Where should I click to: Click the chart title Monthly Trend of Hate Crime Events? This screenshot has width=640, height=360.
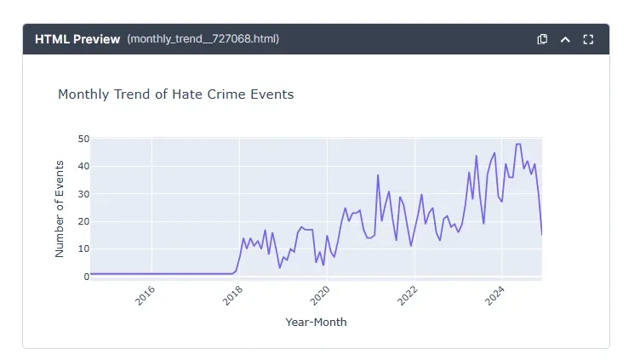tap(175, 94)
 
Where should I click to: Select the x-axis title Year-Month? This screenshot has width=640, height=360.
tap(316, 323)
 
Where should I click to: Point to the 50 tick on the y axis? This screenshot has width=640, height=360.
tap(83, 139)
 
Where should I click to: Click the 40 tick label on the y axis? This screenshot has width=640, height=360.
tap(83, 166)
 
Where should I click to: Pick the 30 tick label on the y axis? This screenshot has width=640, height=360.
tap(83, 194)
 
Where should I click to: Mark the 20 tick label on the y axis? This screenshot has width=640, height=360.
tap(83, 221)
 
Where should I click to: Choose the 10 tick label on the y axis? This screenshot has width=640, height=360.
tap(83, 249)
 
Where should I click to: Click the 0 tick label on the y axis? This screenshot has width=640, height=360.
tap(86, 277)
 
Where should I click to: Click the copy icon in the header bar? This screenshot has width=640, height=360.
tap(542, 39)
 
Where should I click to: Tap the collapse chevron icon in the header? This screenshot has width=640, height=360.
tap(565, 39)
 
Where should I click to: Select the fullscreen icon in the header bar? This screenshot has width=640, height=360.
tap(588, 39)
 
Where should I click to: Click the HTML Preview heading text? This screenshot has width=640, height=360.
tap(77, 39)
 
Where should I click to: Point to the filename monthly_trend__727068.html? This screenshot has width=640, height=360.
tap(203, 39)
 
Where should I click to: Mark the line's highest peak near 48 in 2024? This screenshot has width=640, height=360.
tap(518, 145)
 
